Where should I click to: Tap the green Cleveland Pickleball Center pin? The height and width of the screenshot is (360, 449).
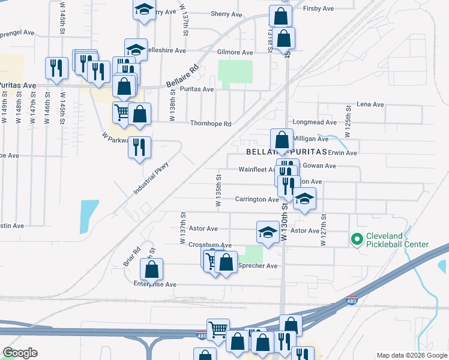(357, 240)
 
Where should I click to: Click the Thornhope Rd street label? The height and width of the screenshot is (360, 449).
(211, 124)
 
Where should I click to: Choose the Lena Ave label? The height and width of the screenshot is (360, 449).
(370, 104)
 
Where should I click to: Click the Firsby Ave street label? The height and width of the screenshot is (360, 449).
(319, 9)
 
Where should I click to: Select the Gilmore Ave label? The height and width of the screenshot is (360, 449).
(235, 53)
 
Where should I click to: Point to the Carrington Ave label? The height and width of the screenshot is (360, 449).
(256, 199)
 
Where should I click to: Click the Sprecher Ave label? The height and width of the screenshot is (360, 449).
(258, 266)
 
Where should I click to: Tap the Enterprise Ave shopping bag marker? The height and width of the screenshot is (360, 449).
(152, 270)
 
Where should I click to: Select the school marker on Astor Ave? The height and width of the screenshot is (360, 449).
(268, 232)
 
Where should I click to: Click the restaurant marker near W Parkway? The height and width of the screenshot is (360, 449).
(139, 148)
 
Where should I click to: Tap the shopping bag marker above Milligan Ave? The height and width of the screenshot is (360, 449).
(282, 140)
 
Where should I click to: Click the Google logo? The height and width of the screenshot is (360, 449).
(20, 353)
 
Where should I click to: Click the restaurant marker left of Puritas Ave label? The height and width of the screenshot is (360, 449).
(57, 68)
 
